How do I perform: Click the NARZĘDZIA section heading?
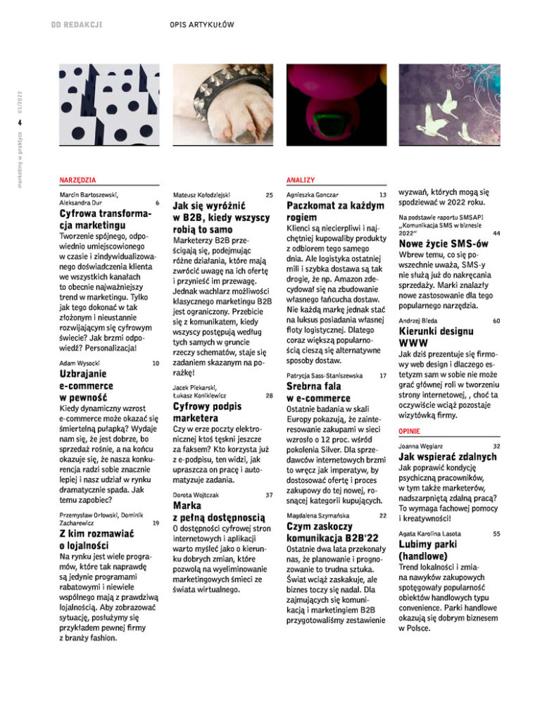[78, 180]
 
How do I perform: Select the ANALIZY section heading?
[301, 180]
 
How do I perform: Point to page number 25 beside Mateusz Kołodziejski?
[270, 194]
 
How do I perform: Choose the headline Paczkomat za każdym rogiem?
[336, 211]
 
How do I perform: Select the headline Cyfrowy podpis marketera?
[207, 413]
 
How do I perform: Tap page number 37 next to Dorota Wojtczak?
[270, 495]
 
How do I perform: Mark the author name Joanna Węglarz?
[421, 446]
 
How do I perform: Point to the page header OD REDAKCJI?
[77, 25]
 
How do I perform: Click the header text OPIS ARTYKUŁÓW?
[201, 25]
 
